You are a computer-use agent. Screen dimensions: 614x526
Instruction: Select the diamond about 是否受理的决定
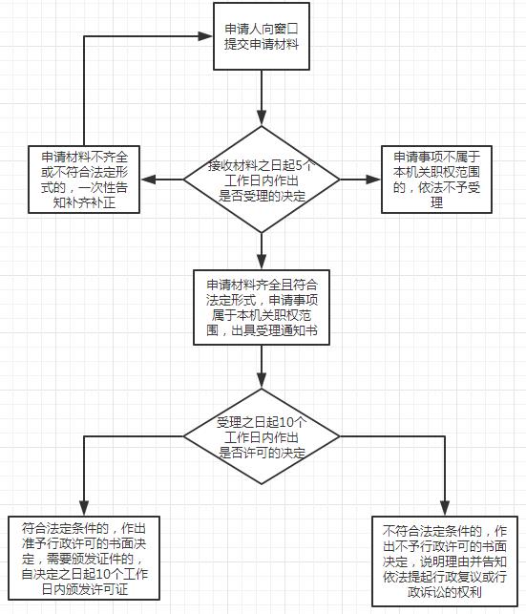(x=261, y=179)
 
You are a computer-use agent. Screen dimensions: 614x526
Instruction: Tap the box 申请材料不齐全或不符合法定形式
(x=85, y=179)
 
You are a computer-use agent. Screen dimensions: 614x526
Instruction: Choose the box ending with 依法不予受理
(x=437, y=179)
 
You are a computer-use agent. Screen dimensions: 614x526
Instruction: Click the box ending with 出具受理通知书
(x=261, y=307)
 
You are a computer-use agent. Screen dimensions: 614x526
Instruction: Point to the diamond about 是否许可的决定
(x=261, y=436)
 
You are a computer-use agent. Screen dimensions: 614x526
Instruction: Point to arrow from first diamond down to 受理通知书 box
(x=261, y=250)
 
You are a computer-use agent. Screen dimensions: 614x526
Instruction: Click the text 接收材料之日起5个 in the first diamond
(x=261, y=165)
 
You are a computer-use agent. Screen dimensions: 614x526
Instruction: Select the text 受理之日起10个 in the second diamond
(x=261, y=422)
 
